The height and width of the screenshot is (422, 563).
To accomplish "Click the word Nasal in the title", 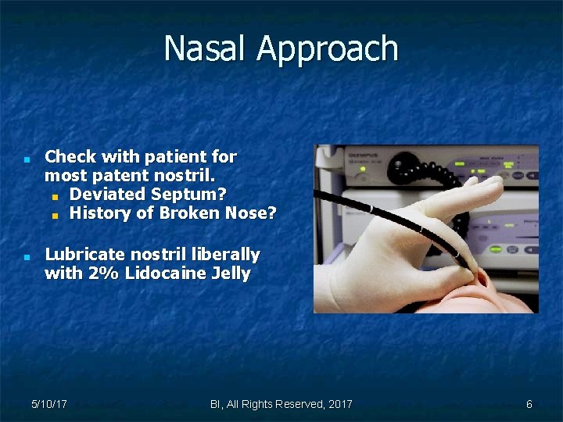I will click(x=206, y=48).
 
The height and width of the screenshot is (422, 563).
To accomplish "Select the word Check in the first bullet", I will click(x=74, y=157).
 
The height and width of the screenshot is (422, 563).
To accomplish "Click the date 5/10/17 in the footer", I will click(x=48, y=404).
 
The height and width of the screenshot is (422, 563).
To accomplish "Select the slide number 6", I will click(x=529, y=404).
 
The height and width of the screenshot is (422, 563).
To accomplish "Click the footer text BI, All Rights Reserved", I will click(x=281, y=404).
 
